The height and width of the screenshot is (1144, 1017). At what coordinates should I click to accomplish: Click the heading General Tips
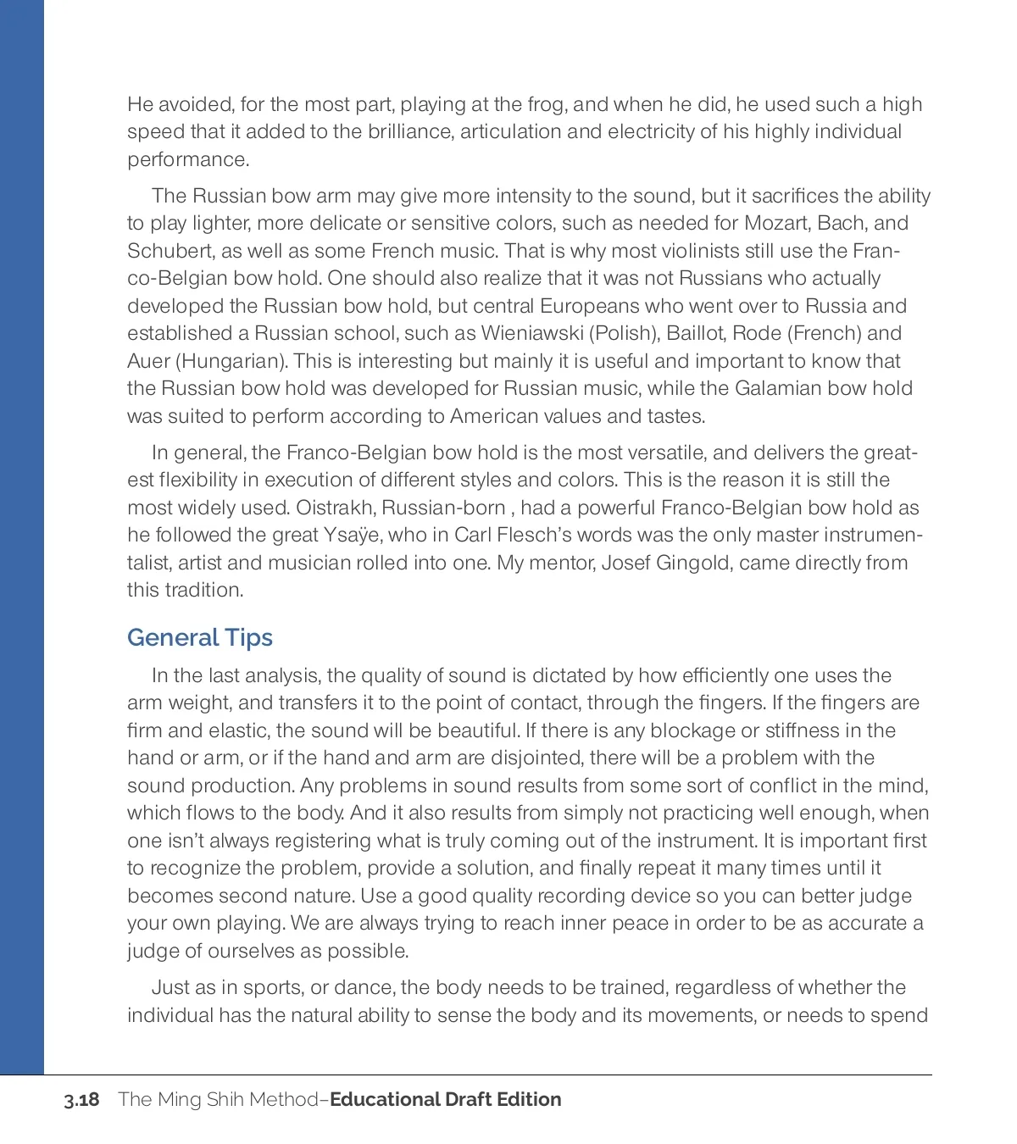coord(200,637)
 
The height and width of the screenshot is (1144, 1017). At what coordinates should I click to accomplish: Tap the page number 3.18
coord(81,1100)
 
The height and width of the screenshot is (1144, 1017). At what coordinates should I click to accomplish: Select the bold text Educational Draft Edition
coord(445,1100)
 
